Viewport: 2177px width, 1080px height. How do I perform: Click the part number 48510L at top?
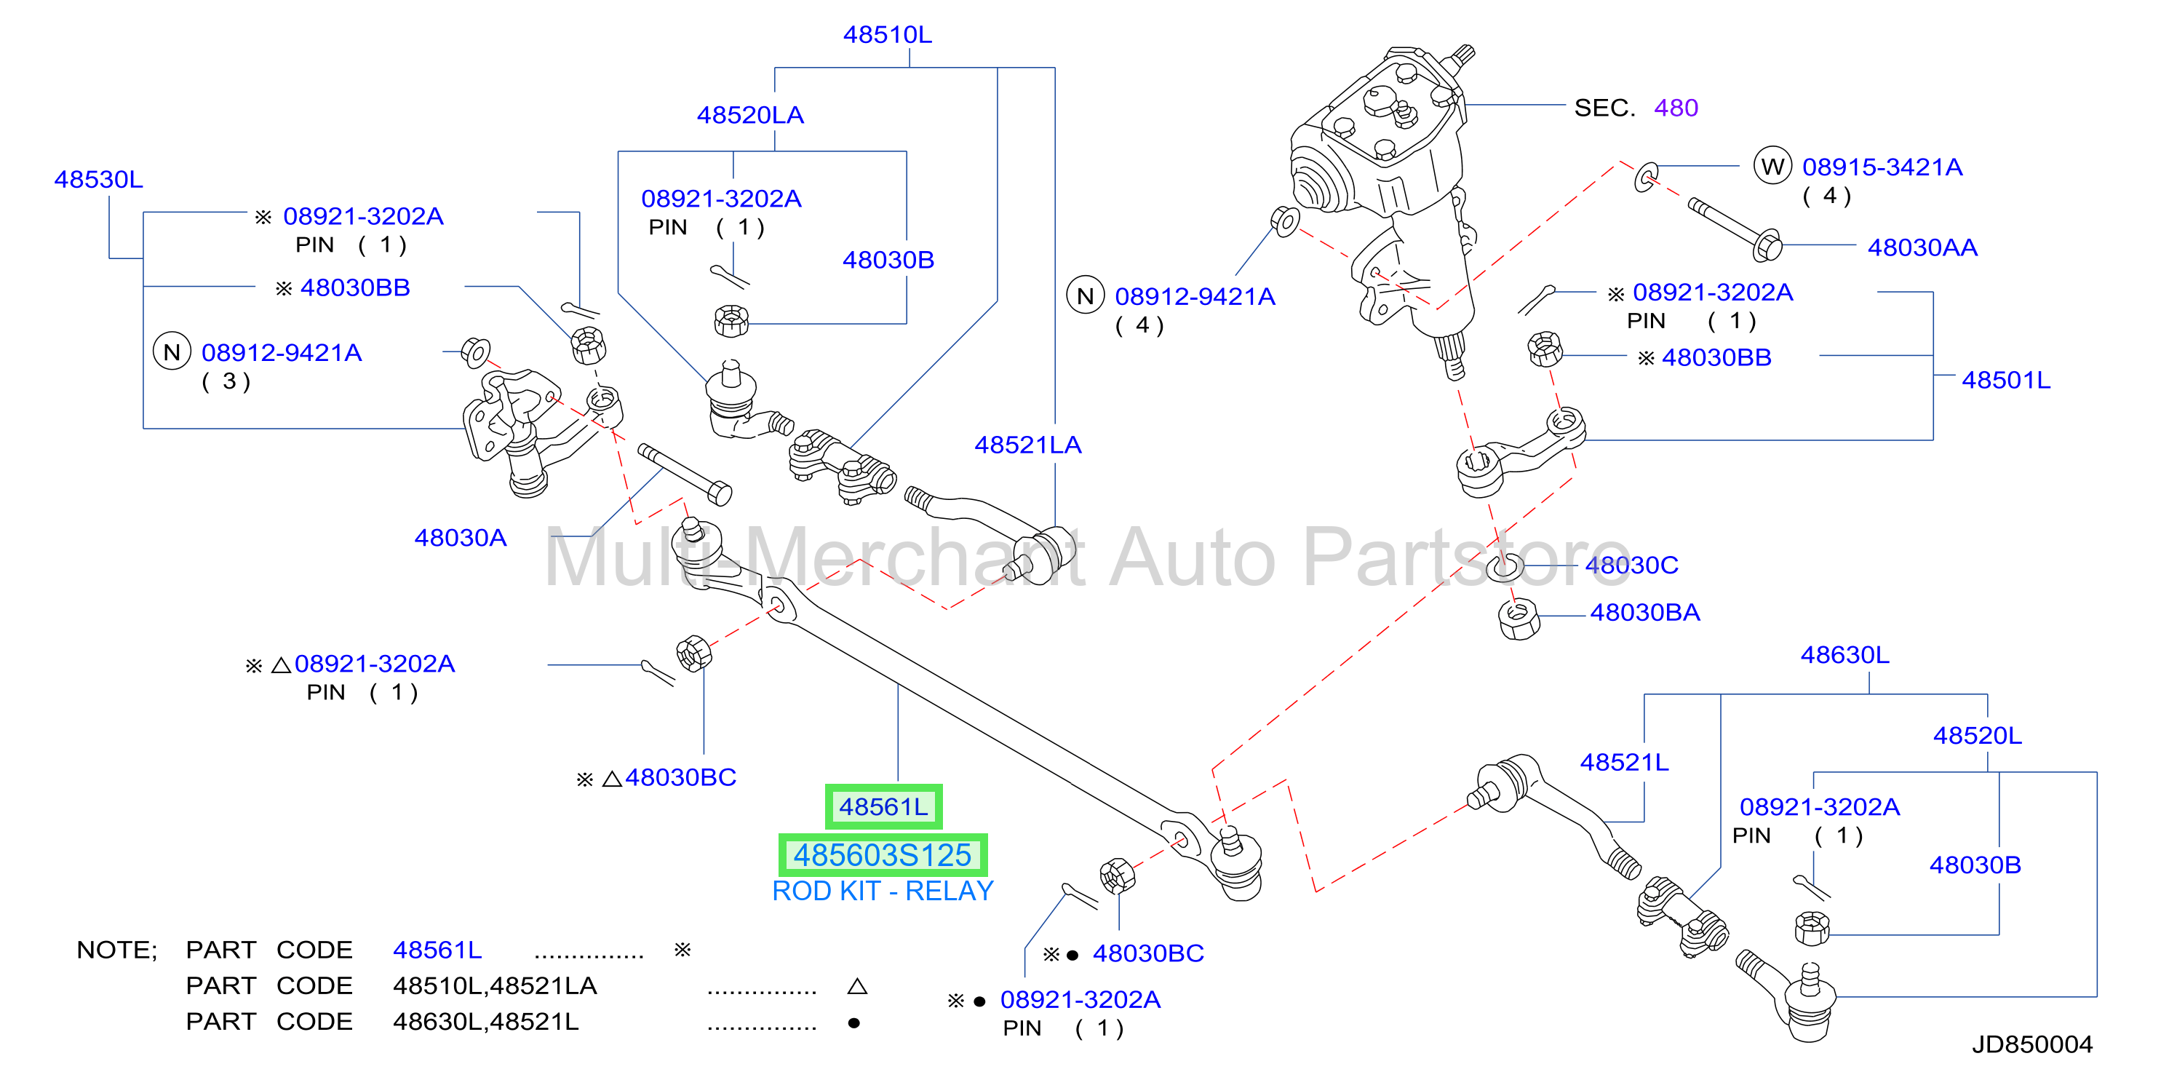[888, 35]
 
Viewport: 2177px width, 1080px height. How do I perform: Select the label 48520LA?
[749, 115]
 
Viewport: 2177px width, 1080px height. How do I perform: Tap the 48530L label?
[99, 179]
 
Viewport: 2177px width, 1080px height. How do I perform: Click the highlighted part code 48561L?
[883, 807]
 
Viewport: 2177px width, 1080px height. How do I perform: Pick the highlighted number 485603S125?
[883, 855]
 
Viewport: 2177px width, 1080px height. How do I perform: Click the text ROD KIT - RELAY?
[883, 891]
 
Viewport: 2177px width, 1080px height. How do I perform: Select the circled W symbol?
[1772, 166]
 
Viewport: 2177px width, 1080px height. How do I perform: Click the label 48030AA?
[1922, 247]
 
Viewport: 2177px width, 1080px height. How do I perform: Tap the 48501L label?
[2005, 381]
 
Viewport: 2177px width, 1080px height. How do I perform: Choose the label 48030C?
[1631, 565]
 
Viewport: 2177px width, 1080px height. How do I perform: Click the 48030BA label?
[1644, 613]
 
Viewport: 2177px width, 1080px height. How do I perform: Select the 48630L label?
[1845, 655]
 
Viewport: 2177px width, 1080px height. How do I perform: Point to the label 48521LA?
[1027, 445]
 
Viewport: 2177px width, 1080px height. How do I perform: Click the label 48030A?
[460, 539]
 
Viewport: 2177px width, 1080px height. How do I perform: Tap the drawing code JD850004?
[2031, 1044]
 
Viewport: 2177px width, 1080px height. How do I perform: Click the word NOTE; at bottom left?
[116, 950]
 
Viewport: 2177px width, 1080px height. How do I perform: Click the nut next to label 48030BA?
[1519, 619]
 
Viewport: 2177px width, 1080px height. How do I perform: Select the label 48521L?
[1624, 762]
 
